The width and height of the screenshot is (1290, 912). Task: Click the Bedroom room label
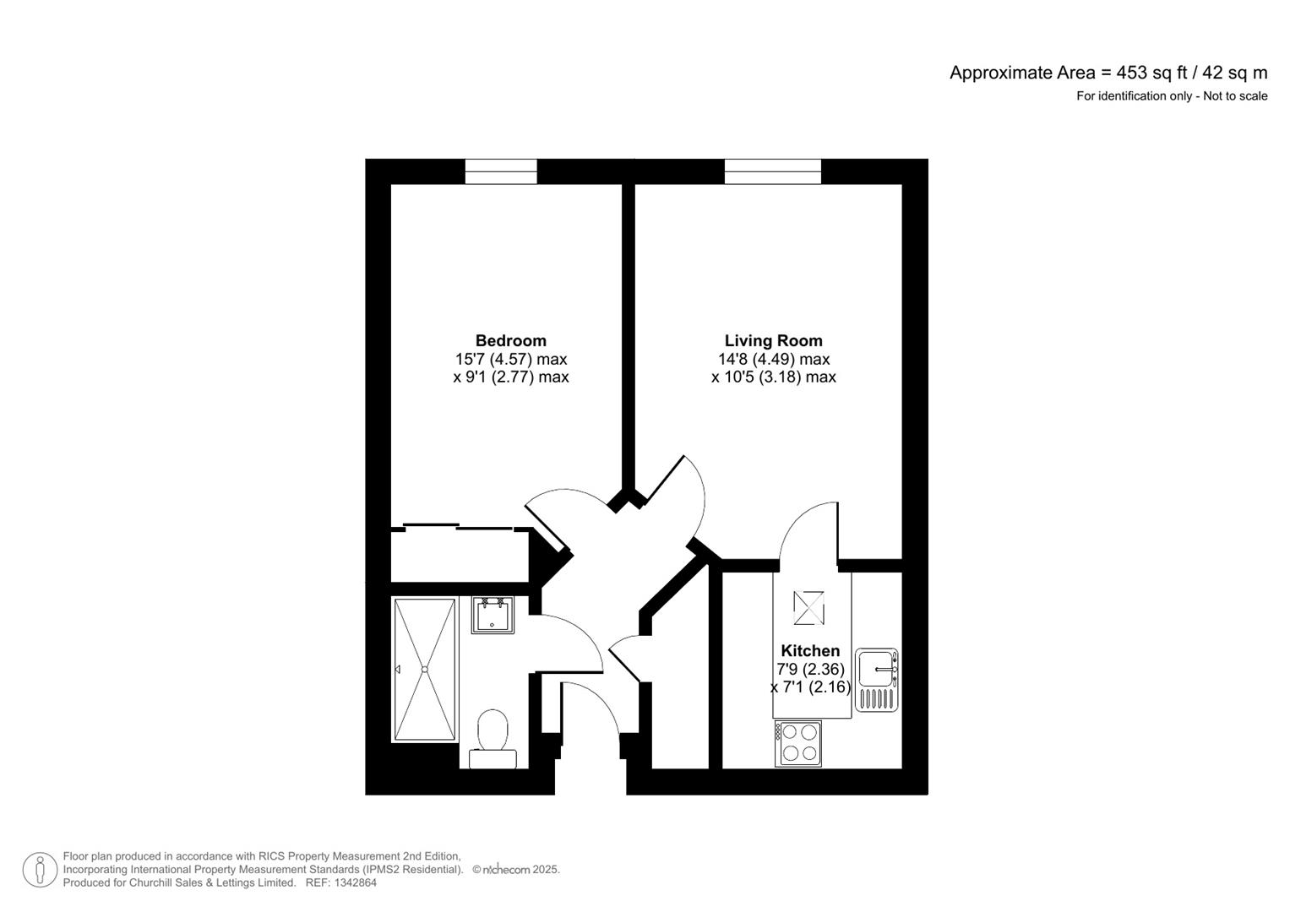pos(510,340)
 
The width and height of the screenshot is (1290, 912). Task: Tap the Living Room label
pos(773,340)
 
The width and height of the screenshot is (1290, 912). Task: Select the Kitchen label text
pos(810,650)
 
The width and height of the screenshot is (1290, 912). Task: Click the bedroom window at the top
pos(501,171)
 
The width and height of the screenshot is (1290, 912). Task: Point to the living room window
pos(772,171)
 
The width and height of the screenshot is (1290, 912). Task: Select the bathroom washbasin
pos(493,615)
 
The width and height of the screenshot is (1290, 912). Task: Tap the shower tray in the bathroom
pos(425,670)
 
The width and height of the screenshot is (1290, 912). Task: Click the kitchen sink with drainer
pos(877,679)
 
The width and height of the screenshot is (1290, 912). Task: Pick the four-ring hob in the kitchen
pos(798,743)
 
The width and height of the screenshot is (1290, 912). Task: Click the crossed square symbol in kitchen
pos(808,608)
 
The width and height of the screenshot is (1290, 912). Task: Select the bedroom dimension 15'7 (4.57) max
pos(510,359)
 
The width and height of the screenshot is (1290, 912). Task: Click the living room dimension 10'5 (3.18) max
pos(773,377)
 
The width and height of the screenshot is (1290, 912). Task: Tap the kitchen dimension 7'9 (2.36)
pos(810,669)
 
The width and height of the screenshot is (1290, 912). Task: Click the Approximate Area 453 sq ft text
pos(1108,73)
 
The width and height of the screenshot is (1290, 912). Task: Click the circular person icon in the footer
pos(40,870)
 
